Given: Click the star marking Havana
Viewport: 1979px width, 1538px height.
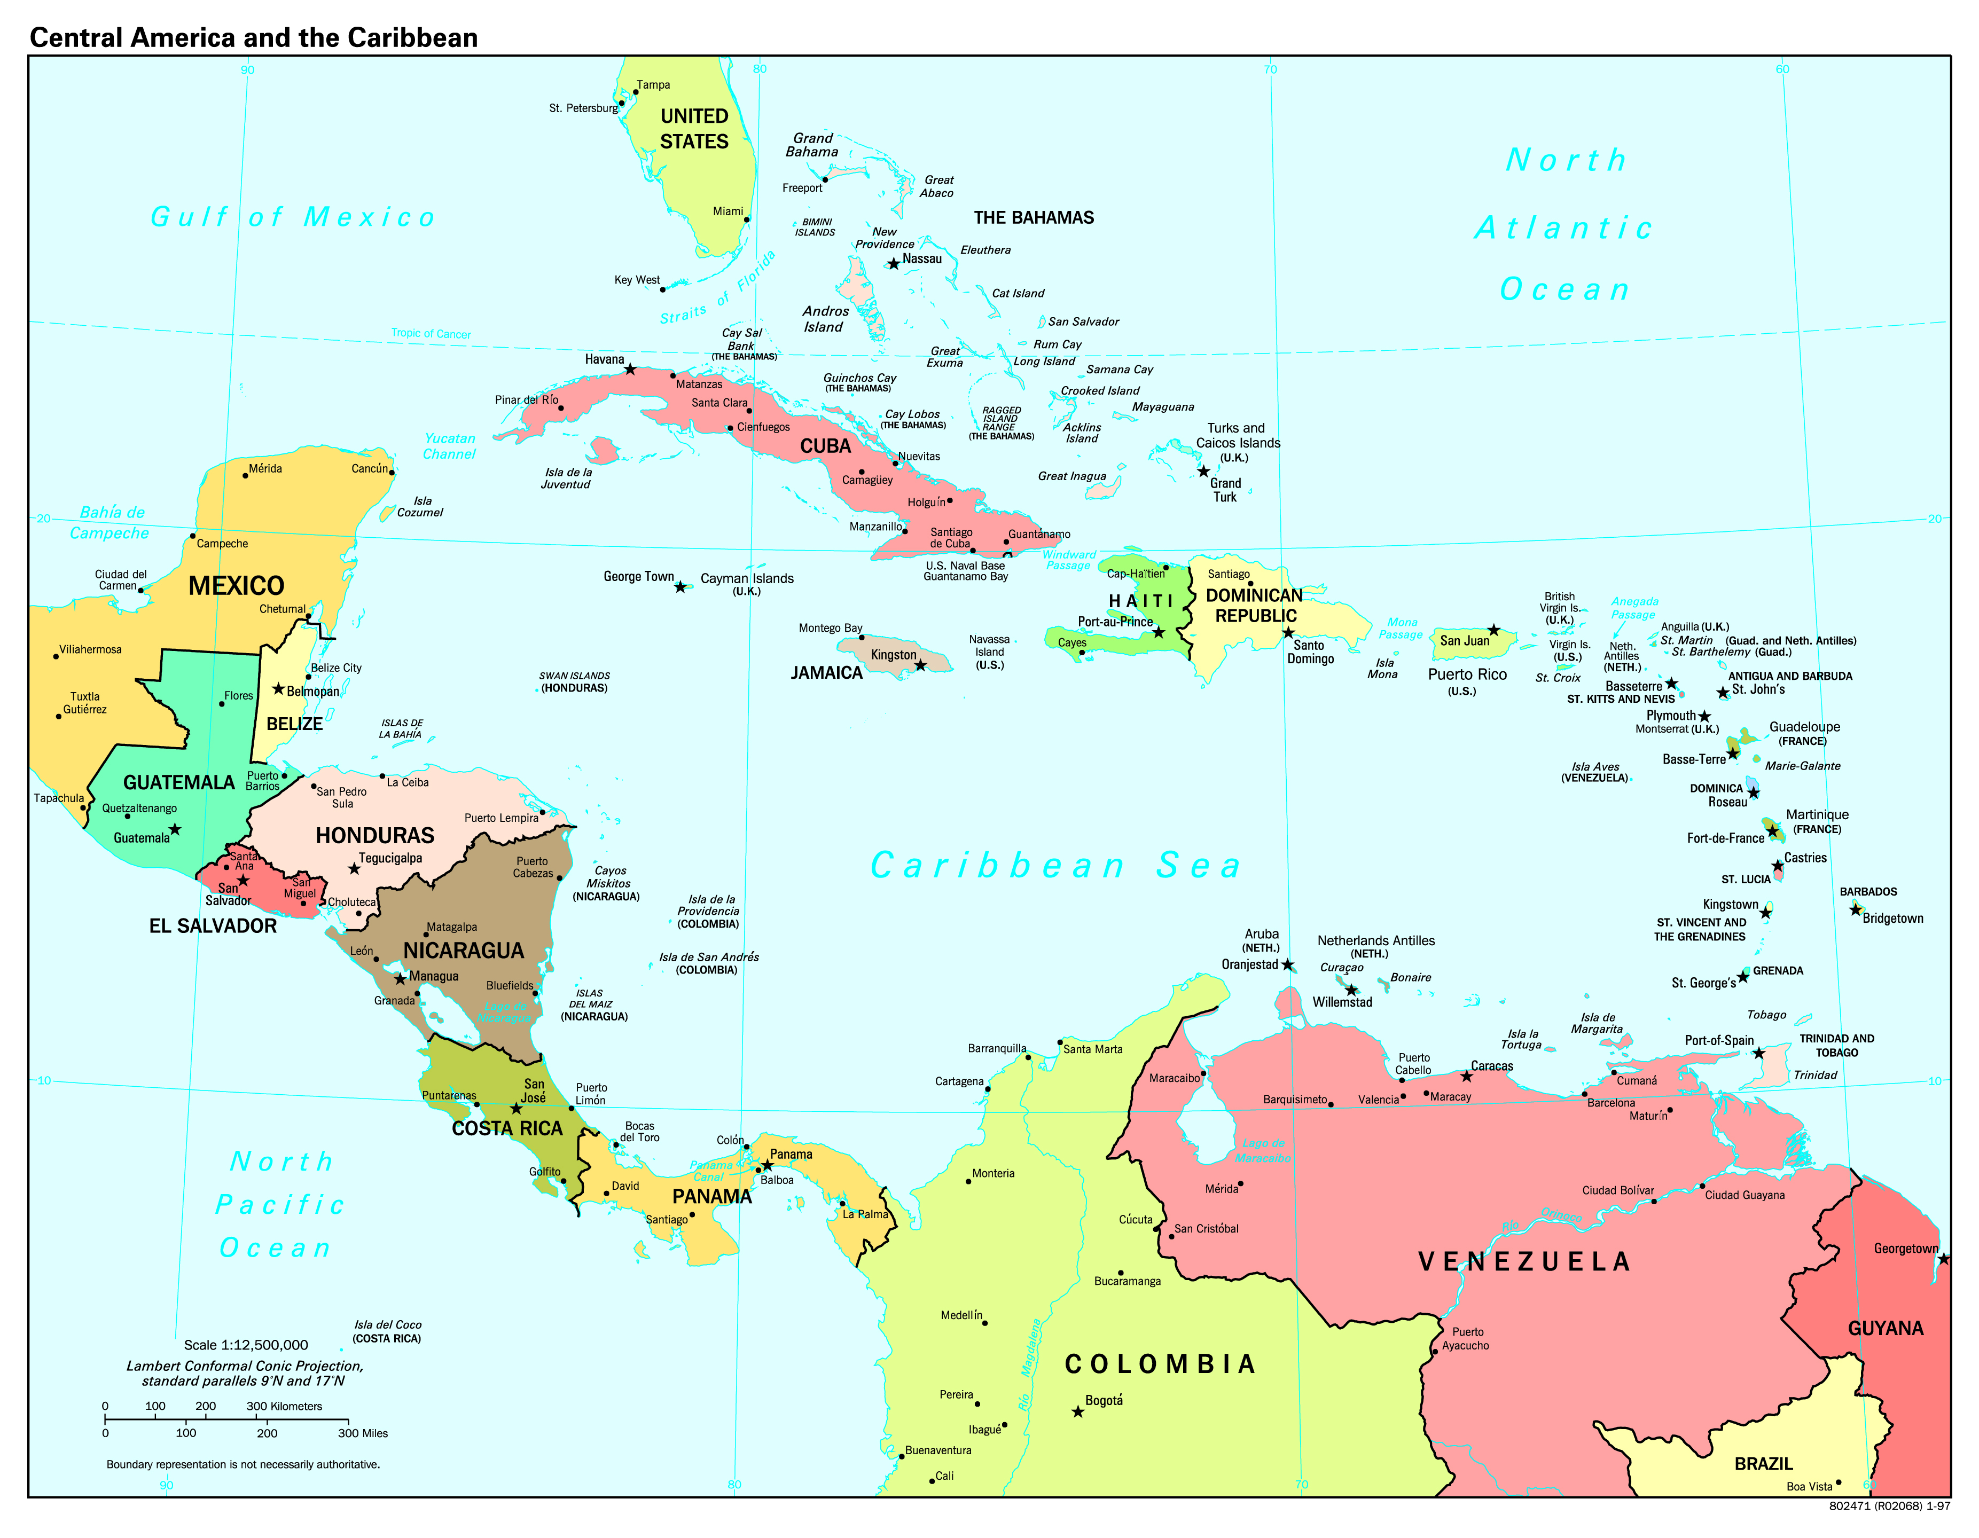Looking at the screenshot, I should (630, 370).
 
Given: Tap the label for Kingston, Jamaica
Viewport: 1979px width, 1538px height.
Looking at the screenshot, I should (894, 655).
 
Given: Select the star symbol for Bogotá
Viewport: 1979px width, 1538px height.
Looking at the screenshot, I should (1077, 1411).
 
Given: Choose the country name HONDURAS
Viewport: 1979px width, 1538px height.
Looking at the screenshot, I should (374, 835).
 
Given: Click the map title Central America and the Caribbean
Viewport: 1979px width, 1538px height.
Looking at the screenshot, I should (254, 37).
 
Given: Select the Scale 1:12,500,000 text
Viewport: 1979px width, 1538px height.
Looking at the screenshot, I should (246, 1345).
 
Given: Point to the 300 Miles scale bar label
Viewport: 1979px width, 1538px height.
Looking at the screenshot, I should (363, 1433).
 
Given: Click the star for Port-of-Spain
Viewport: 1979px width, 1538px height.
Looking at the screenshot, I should (1758, 1053).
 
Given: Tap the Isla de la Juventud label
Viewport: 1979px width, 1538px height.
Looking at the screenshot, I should (567, 478).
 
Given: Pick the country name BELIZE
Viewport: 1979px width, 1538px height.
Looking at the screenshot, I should (294, 724).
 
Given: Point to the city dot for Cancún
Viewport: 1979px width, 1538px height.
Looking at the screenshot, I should (392, 473).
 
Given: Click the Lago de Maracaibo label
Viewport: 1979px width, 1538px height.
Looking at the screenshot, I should (1263, 1150).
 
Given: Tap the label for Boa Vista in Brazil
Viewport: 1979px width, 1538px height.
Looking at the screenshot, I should (1809, 1486).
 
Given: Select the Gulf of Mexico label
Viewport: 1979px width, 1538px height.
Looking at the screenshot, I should (293, 217).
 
